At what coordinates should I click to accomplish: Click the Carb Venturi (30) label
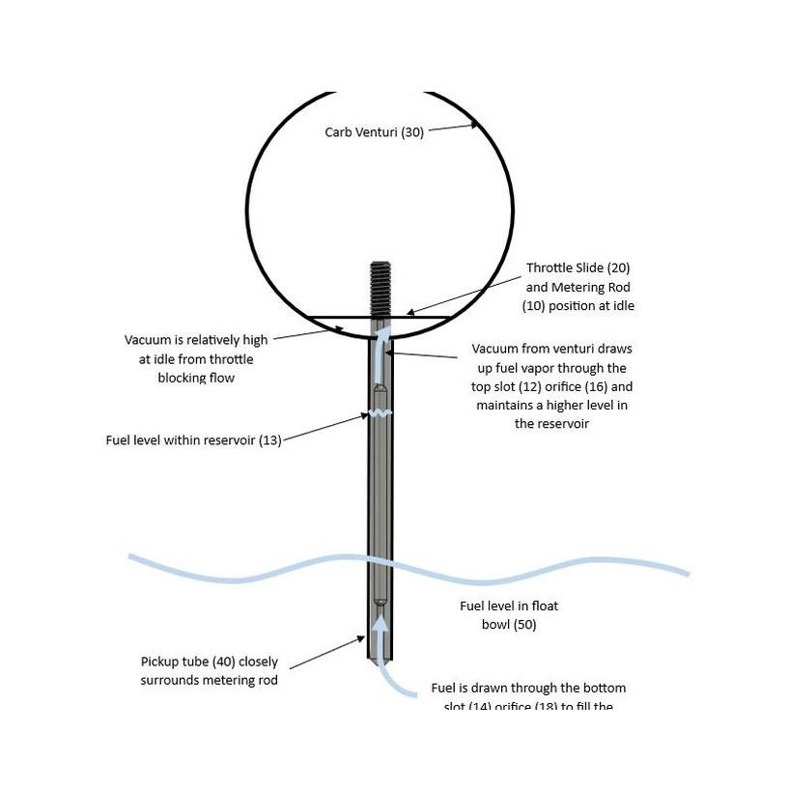click(x=374, y=131)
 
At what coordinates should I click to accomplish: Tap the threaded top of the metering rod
click(x=380, y=286)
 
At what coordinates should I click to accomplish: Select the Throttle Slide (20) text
click(x=578, y=268)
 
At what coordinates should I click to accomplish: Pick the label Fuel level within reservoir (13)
click(x=193, y=440)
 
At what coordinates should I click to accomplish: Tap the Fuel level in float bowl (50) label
click(x=509, y=614)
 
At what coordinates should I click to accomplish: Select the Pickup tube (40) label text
click(x=209, y=662)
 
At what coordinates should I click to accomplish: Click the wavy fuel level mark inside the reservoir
click(x=380, y=414)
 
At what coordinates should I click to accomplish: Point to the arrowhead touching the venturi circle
click(x=473, y=124)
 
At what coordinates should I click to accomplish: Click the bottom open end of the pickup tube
click(x=380, y=660)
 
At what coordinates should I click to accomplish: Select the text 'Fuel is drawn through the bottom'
click(x=528, y=688)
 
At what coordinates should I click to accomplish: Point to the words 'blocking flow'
click(x=196, y=378)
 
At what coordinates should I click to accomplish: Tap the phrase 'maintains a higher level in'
click(x=551, y=405)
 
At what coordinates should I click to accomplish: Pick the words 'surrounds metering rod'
click(x=209, y=680)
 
